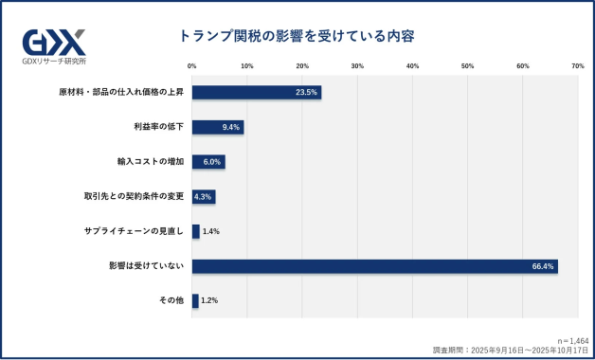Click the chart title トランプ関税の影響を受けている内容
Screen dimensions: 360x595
297,36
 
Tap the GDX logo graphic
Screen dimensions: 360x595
54,42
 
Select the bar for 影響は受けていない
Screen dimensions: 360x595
374,266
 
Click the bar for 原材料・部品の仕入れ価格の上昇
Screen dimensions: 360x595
256,93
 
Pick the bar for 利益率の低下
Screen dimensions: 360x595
217,127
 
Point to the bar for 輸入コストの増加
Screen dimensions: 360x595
207,162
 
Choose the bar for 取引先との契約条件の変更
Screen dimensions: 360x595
203,197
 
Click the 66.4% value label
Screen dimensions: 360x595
543,266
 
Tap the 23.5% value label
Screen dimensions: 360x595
306,93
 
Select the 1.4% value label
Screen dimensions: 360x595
211,231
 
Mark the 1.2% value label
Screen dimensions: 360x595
210,300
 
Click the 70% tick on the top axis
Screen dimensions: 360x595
578,66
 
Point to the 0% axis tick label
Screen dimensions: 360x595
192,66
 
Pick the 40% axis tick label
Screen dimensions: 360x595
413,66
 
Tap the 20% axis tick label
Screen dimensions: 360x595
302,66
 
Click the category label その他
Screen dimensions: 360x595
171,300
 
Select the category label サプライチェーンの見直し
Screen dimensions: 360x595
138,231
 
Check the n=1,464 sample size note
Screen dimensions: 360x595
573,338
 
